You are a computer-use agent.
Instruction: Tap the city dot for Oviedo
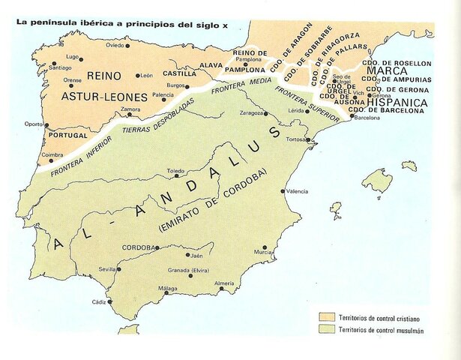coord(128,45)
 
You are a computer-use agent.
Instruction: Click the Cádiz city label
coord(98,301)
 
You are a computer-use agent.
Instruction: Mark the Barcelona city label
coord(369,118)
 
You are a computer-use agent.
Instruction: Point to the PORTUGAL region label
coord(67,136)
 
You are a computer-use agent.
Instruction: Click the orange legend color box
coord(325,316)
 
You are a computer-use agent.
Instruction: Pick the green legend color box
coord(325,330)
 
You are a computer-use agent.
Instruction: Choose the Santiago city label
coord(59,67)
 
